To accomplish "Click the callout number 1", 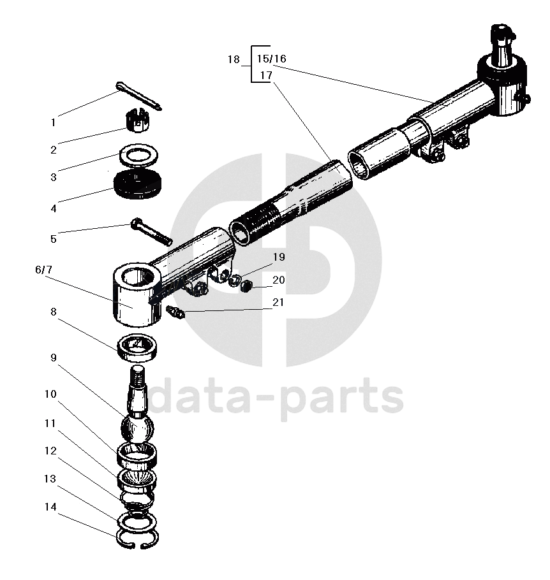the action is tap(54, 122).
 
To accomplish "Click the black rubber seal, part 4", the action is tap(137, 185).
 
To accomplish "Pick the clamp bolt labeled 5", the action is tap(151, 232).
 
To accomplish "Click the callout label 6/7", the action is tap(44, 270).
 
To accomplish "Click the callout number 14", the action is tap(54, 507).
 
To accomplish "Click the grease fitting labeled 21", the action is tap(175, 312).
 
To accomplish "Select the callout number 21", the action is tap(278, 302).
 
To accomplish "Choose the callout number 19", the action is tap(278, 257).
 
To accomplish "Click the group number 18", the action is tap(234, 59).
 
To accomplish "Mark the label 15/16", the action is tap(271, 59).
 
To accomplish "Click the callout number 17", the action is tap(266, 75).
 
